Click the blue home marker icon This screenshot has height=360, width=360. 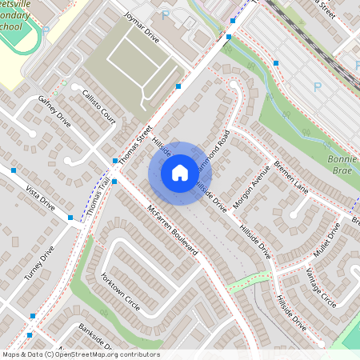[180, 172]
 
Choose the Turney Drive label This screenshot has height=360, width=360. [38, 262]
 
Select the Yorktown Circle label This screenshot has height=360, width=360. [120, 294]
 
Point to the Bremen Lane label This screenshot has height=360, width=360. [290, 177]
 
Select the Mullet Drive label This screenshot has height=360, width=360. [327, 239]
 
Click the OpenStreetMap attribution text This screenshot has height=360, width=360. [80, 354]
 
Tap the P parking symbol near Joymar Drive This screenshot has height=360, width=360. [166, 14]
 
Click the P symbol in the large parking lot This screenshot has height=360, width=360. [317, 86]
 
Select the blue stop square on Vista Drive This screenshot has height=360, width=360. [14, 170]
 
